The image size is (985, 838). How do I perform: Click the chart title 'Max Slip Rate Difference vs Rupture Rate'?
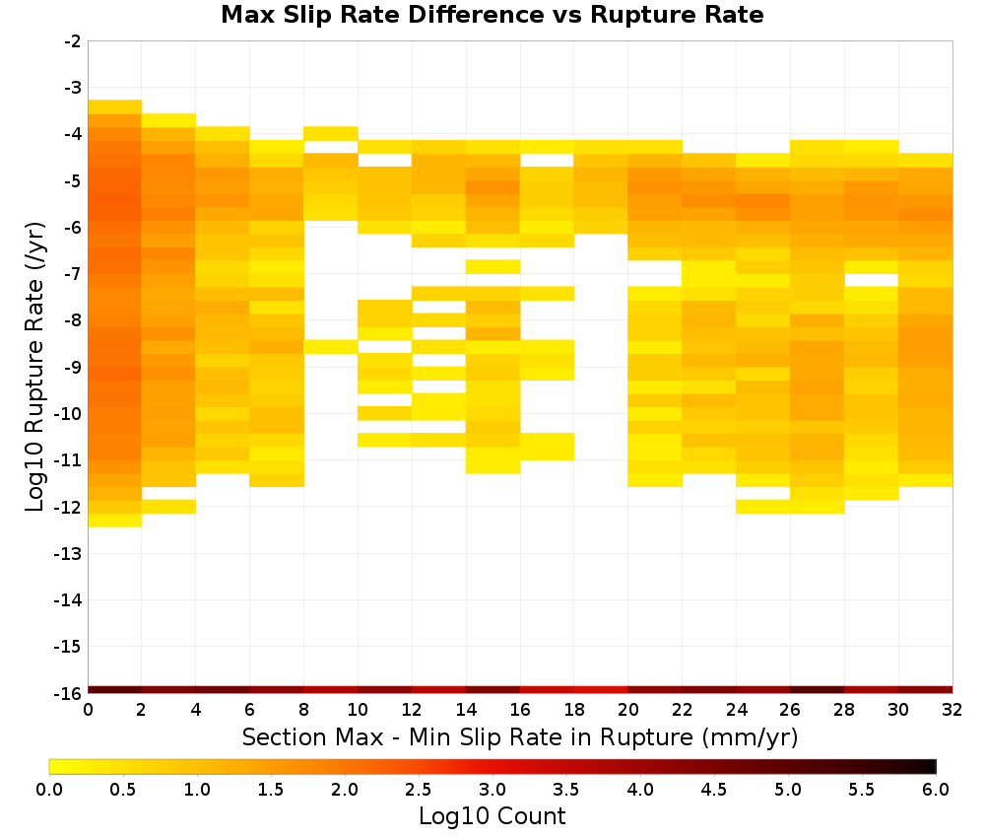[x=492, y=15]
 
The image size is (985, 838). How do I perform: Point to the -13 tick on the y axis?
[x=69, y=554]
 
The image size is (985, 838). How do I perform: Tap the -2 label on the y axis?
[x=73, y=41]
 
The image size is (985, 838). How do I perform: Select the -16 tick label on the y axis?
[x=69, y=693]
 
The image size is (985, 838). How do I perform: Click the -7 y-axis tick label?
[x=73, y=274]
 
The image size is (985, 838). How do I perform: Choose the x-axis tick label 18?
[x=574, y=710]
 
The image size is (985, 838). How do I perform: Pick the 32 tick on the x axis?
[x=952, y=710]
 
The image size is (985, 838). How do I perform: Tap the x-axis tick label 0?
[x=88, y=710]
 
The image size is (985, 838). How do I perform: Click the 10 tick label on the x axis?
[x=358, y=710]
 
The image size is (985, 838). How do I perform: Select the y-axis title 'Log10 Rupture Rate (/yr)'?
[x=34, y=367]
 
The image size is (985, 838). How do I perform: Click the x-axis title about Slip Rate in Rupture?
[x=520, y=737]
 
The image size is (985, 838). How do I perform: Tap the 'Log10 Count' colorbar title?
[x=492, y=816]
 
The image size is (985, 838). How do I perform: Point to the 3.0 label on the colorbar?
[x=492, y=789]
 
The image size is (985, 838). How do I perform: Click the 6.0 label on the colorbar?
[x=936, y=789]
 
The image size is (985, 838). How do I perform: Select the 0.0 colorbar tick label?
[x=49, y=789]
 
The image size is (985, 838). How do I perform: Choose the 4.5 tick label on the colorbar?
[x=714, y=789]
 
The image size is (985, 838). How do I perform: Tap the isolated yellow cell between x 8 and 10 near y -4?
[x=331, y=133]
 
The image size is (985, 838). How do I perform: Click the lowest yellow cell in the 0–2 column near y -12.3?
[x=115, y=520]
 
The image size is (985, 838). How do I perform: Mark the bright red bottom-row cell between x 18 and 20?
[x=601, y=690]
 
